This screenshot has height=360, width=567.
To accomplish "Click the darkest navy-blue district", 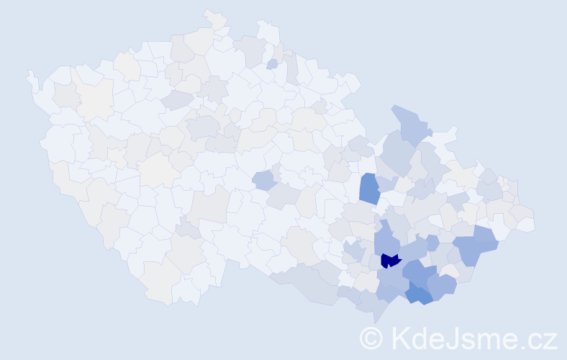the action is [x=389, y=260].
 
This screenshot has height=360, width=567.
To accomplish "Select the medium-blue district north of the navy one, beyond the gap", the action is [x=369, y=188].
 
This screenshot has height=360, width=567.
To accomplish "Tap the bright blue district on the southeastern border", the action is [x=419, y=294].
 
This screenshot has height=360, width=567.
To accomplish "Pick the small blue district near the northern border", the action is [x=272, y=64].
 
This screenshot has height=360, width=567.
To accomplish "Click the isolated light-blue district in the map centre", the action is [x=263, y=179].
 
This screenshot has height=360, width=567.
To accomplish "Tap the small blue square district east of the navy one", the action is [x=432, y=243].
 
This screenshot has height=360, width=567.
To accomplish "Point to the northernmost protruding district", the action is [x=214, y=17].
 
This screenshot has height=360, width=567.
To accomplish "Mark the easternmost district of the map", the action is [x=528, y=225].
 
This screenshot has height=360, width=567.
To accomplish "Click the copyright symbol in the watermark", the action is [x=371, y=338].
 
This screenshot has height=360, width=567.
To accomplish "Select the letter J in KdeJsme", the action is [x=448, y=338].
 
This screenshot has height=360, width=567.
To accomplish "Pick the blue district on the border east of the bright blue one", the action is [x=443, y=285].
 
